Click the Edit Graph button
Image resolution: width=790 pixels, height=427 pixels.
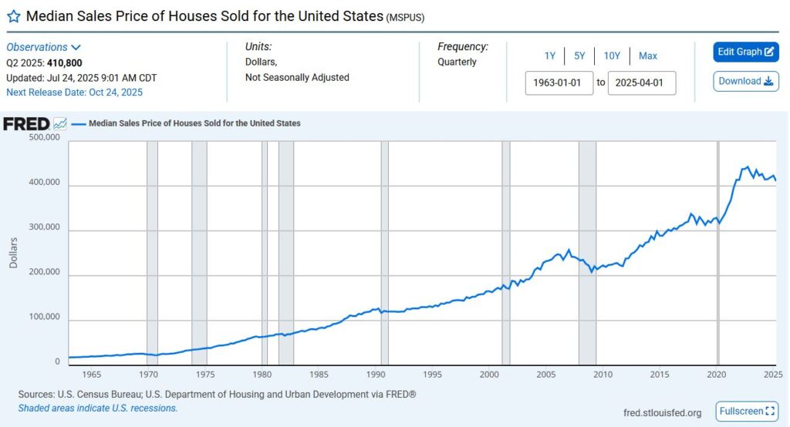pyautogui.click(x=745, y=52)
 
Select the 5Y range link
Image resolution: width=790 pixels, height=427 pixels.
pyautogui.click(x=579, y=55)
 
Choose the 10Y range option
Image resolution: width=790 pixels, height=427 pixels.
pyautogui.click(x=611, y=55)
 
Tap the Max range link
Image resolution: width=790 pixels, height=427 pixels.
pyautogui.click(x=648, y=55)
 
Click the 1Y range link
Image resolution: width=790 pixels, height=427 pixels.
pyautogui.click(x=550, y=55)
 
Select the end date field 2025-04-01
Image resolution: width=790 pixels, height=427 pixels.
pyautogui.click(x=641, y=82)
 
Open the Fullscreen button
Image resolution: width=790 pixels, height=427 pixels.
pyautogui.click(x=746, y=411)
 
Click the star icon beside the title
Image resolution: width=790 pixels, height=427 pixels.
pyautogui.click(x=13, y=16)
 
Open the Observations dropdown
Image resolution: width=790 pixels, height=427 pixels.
pyautogui.click(x=44, y=47)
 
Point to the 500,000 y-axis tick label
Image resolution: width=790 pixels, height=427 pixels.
pyautogui.click(x=43, y=137)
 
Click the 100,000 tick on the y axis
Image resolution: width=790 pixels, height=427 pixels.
pyautogui.click(x=43, y=317)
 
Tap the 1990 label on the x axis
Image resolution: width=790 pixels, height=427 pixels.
pyautogui.click(x=376, y=375)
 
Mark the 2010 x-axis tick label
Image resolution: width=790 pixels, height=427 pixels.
pyautogui.click(x=603, y=375)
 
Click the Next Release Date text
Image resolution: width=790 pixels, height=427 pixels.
pyautogui.click(x=74, y=92)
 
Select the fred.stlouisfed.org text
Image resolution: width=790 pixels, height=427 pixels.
pyautogui.click(x=662, y=413)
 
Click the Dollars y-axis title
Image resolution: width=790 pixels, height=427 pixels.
pyautogui.click(x=13, y=252)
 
